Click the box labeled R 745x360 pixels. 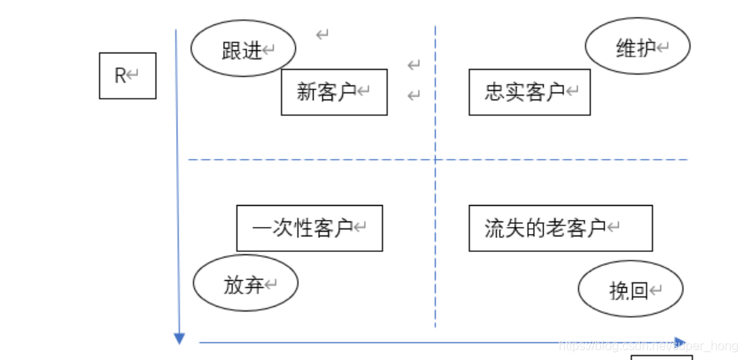[128, 76]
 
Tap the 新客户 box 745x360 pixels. [334, 92]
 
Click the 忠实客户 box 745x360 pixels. [530, 92]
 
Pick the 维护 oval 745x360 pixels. [638, 47]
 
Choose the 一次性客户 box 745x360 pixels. [309, 229]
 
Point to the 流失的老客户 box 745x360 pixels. [560, 229]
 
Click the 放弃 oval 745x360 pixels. [246, 285]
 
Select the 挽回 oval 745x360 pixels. [631, 291]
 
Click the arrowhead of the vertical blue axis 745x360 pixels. [179, 338]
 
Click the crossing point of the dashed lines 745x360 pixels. [435, 160]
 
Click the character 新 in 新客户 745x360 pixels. [306, 92]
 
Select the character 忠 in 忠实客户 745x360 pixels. [494, 92]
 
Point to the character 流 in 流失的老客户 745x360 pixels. [494, 229]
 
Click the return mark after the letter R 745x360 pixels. [133, 75]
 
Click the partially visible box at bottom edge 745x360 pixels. [661, 357]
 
